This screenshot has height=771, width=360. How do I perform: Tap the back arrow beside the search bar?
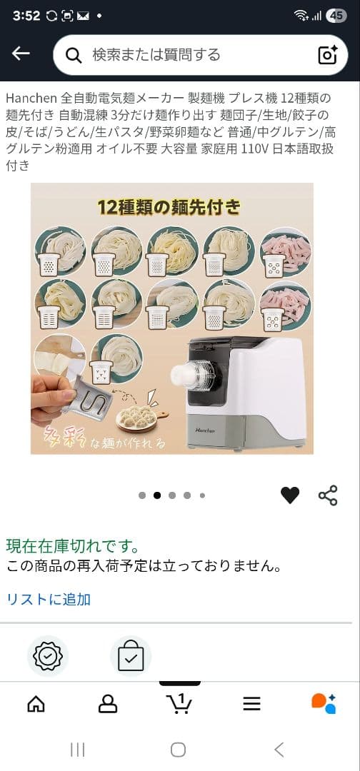[x=21, y=54]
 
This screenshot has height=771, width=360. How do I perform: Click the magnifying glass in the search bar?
[x=73, y=55]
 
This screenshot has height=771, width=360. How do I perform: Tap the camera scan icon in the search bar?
[x=327, y=55]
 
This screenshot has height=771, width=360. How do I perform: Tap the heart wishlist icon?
[x=290, y=495]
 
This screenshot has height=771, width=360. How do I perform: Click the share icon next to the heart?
[x=328, y=495]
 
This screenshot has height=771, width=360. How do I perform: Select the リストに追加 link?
[x=49, y=599]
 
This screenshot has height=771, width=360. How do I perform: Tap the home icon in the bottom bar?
[x=36, y=704]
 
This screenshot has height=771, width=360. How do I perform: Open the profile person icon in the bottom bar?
[x=107, y=704]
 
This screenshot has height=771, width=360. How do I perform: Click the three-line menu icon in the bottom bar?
[x=251, y=704]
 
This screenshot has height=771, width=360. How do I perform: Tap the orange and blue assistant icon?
[x=324, y=703]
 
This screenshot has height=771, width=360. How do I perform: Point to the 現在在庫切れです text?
[x=73, y=546]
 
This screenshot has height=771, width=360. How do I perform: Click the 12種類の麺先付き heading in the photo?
[x=170, y=207]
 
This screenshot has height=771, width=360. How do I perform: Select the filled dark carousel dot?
[x=157, y=495]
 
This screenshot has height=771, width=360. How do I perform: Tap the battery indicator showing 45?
[x=336, y=16]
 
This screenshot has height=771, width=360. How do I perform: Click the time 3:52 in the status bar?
[x=26, y=16]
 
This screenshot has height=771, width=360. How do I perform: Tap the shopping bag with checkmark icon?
[x=131, y=655]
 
